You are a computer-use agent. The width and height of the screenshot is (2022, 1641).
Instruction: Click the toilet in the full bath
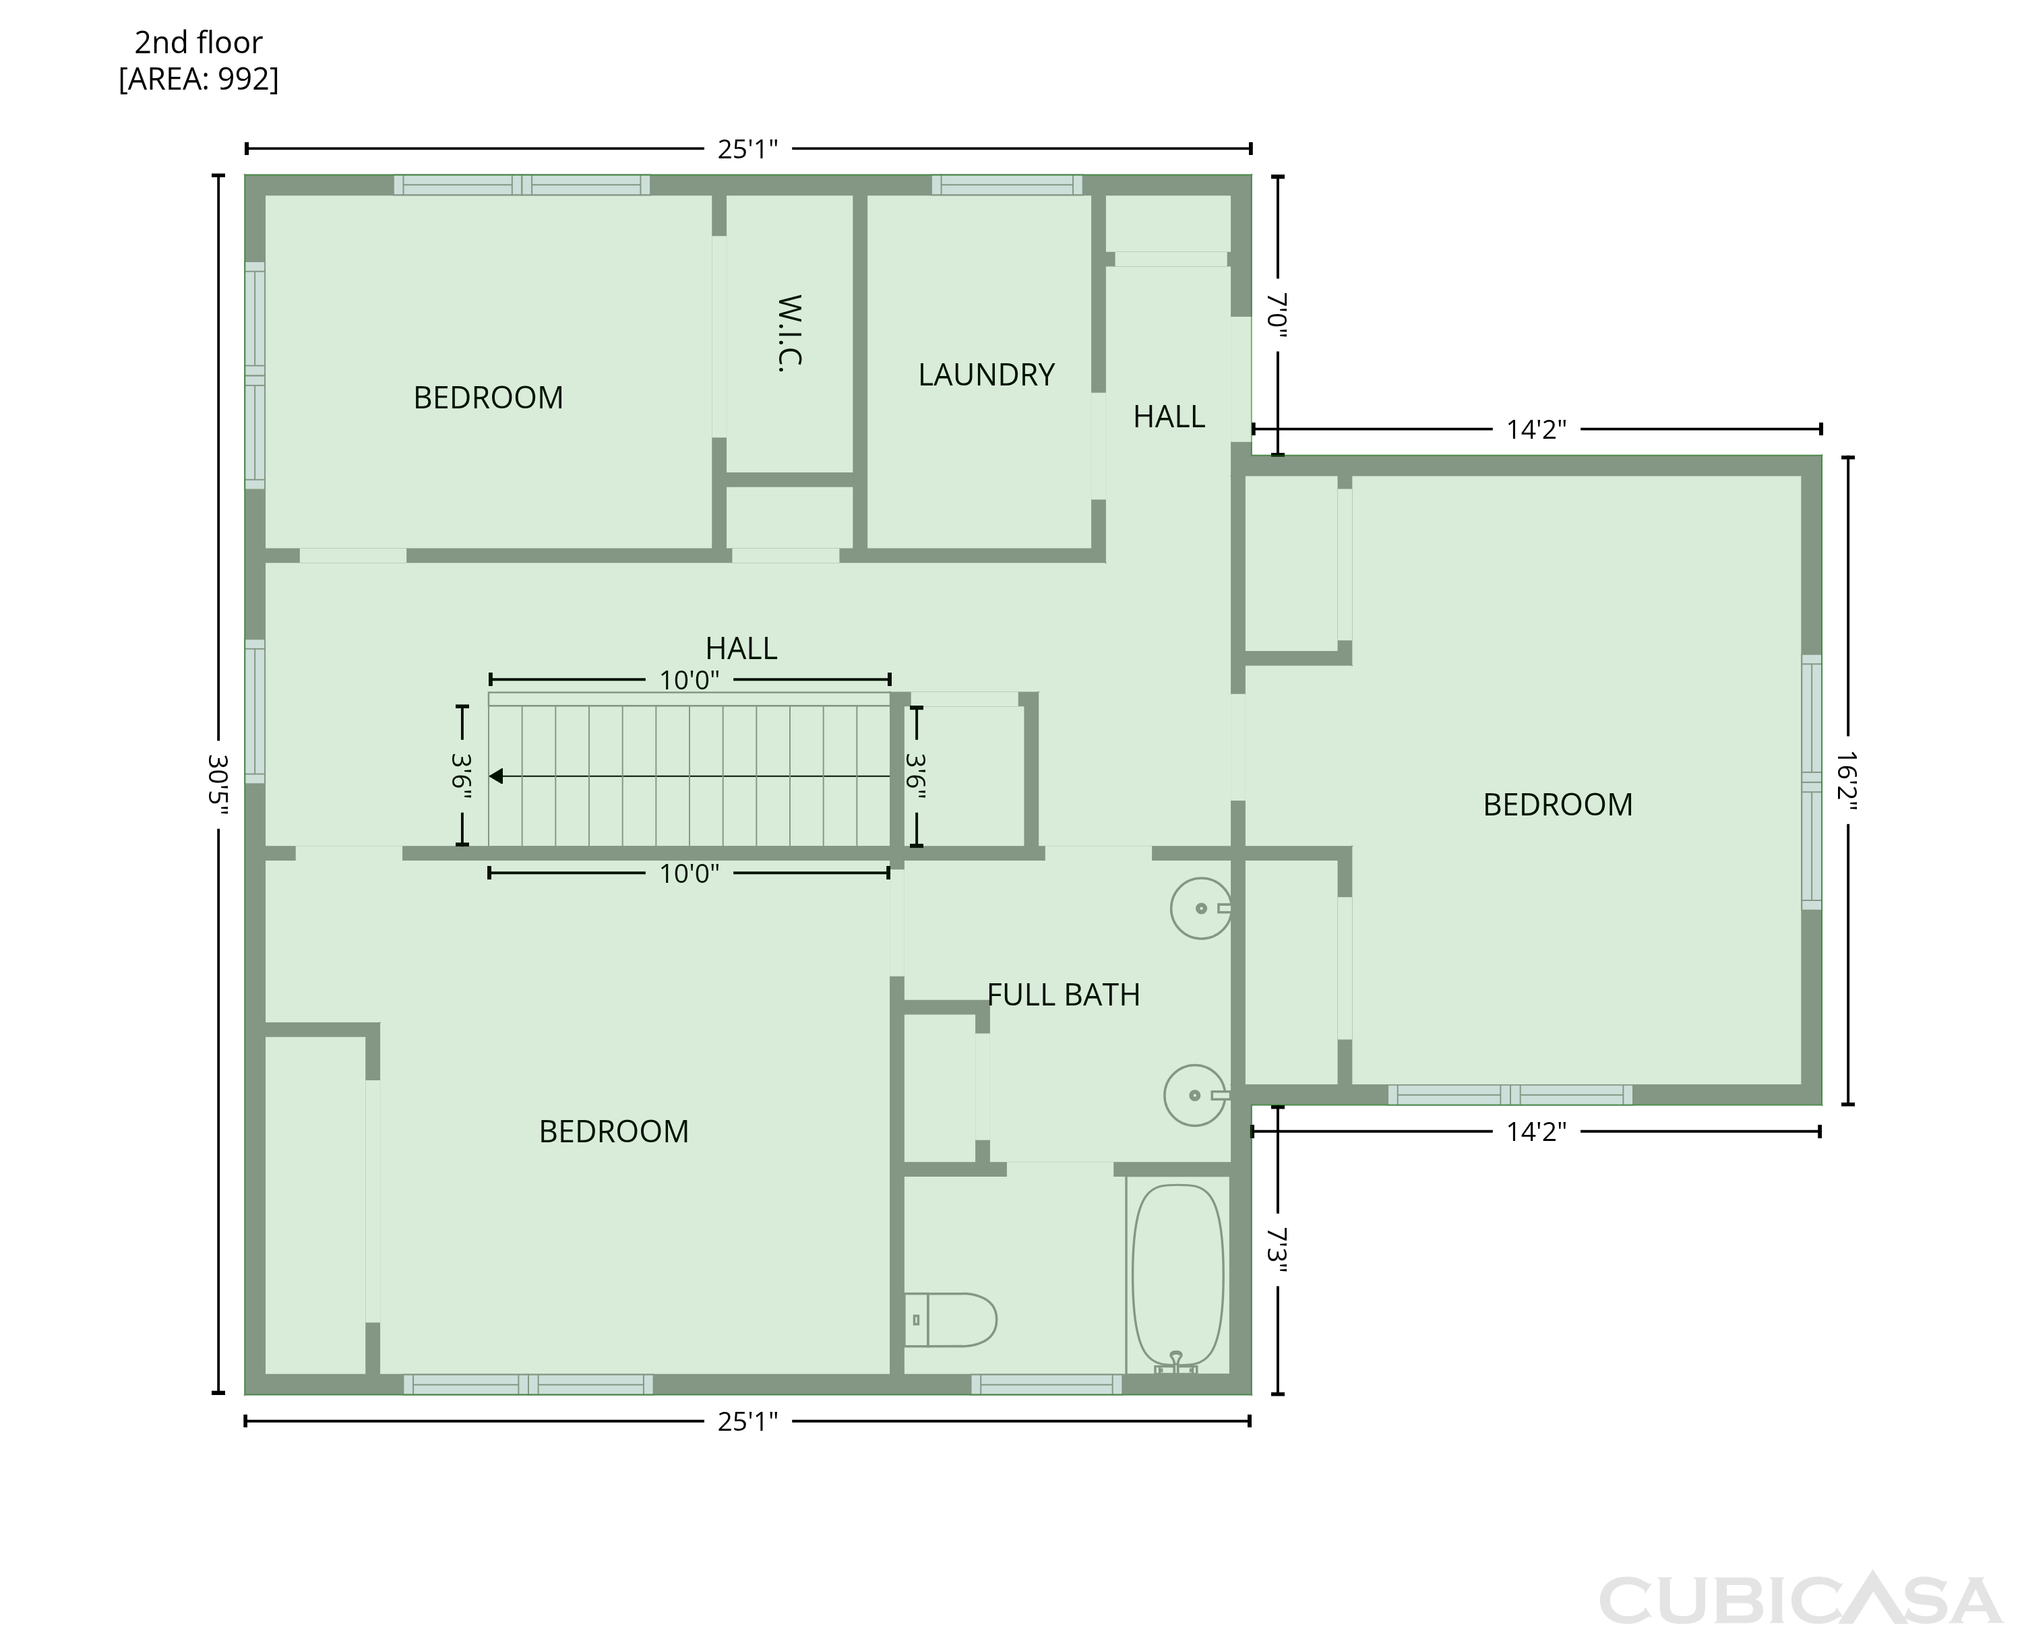coord(950,1319)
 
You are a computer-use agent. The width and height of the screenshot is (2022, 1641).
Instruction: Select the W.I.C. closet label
coord(789,334)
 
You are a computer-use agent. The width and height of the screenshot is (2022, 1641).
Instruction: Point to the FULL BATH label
coord(1064,995)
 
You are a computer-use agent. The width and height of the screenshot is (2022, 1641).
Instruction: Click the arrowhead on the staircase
coord(495,776)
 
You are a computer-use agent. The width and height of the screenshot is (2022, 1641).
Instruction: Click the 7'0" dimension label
coord(1278,315)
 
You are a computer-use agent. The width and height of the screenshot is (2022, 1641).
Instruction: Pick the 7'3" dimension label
coord(1278,1249)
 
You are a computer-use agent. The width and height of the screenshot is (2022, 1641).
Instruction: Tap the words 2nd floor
coord(199,42)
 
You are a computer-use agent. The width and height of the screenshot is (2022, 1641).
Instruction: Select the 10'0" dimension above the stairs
coord(689,680)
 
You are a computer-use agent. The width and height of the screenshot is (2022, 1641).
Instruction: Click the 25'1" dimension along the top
coord(747,148)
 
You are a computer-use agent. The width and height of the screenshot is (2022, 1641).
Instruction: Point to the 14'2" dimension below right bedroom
coord(1536,1132)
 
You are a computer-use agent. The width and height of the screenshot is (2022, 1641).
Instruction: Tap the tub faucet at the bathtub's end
coord(1176,1362)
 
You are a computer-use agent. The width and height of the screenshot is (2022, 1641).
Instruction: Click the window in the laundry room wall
coord(1007,185)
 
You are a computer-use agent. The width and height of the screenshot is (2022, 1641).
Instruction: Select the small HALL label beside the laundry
coord(1169,417)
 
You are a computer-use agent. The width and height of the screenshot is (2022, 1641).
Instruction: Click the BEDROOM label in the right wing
coord(1558,805)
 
